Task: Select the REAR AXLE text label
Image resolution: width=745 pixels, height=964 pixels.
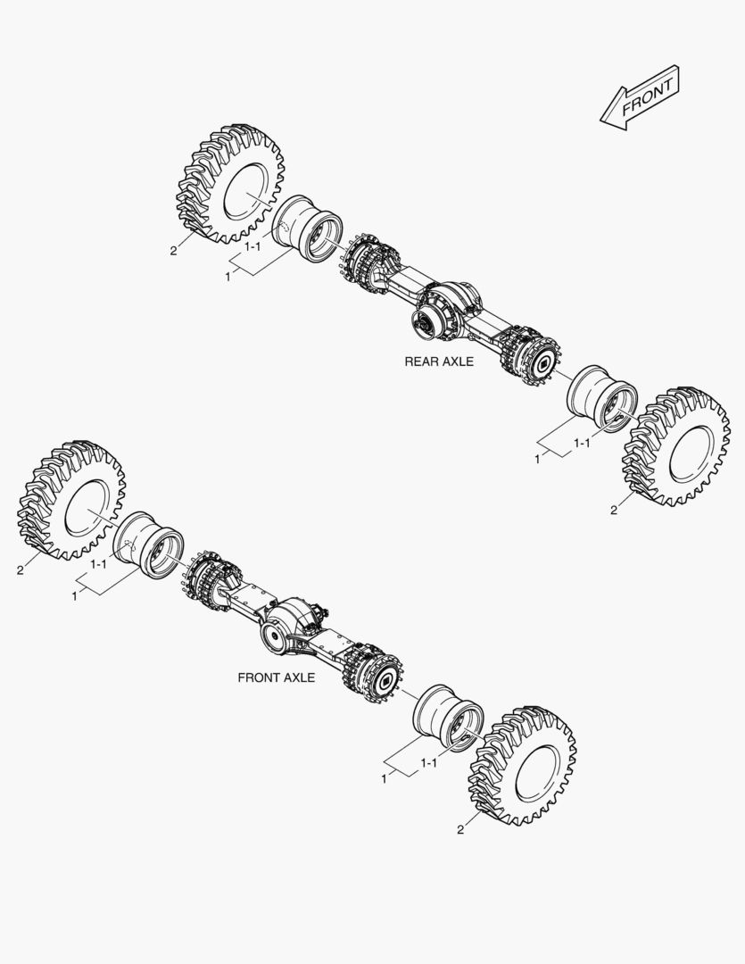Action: click(x=439, y=361)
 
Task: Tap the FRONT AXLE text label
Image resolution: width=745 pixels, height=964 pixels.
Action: click(x=276, y=677)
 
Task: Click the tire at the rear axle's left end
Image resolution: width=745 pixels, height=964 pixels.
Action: click(x=230, y=187)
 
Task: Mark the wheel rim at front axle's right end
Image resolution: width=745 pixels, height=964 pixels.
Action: click(x=450, y=719)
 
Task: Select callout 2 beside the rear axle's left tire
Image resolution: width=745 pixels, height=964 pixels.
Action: click(x=173, y=251)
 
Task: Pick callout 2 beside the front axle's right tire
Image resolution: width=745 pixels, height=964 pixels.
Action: click(x=459, y=829)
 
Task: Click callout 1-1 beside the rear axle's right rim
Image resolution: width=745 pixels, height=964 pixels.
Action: click(x=581, y=442)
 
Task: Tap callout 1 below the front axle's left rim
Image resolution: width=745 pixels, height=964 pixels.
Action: click(x=74, y=595)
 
